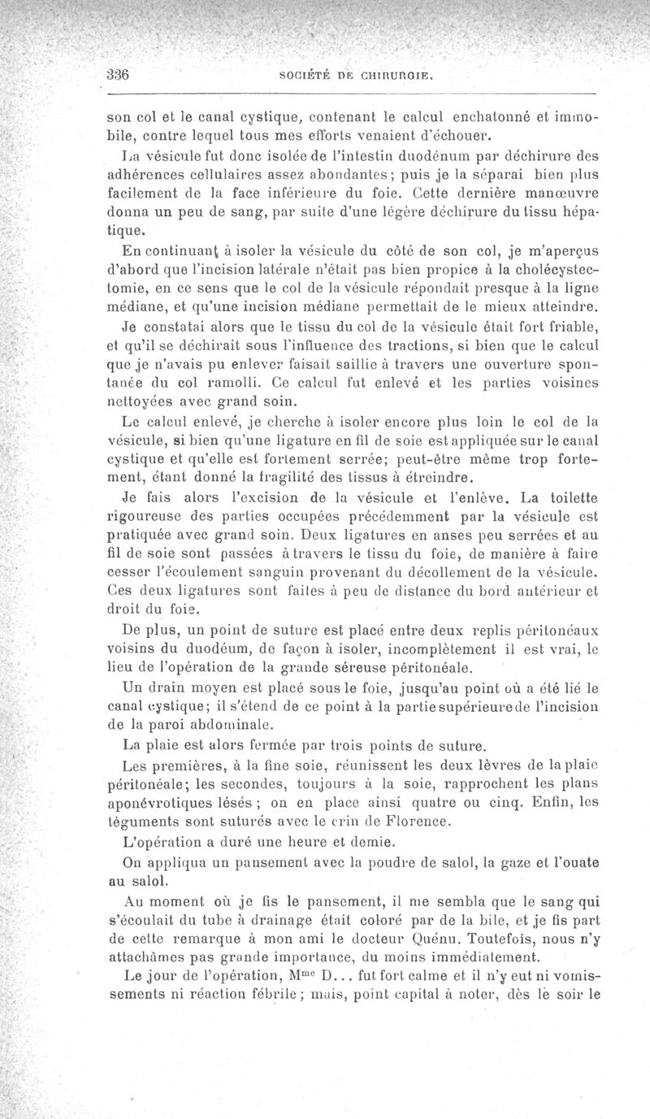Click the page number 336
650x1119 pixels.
point(120,71)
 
